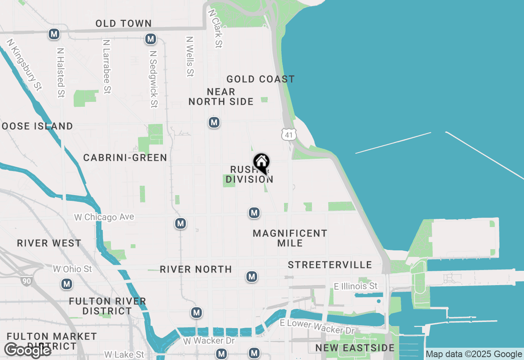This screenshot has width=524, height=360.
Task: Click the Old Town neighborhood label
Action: (x=124, y=24)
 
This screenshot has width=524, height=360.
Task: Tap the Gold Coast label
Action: (x=260, y=79)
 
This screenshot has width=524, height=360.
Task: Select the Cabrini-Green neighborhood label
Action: (x=125, y=157)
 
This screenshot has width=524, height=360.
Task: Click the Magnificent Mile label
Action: (x=290, y=238)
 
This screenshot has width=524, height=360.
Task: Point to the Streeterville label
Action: (x=330, y=265)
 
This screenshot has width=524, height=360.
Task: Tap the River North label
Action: (x=196, y=269)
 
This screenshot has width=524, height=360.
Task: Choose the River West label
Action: (x=49, y=243)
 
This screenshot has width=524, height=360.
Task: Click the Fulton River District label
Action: (x=108, y=306)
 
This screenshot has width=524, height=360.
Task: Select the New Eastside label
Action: (x=355, y=348)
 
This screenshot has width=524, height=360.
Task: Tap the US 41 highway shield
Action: (x=289, y=134)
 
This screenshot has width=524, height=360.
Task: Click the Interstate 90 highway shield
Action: (x=26, y=281)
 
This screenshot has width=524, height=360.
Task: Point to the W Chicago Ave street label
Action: (x=104, y=217)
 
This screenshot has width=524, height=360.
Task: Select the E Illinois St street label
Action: (x=356, y=286)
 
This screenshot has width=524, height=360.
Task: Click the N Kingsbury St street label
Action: (x=25, y=65)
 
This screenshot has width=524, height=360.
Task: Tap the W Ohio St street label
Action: (x=72, y=269)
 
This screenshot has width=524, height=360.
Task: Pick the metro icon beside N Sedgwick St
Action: (x=151, y=39)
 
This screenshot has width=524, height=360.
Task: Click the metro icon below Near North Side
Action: (x=214, y=122)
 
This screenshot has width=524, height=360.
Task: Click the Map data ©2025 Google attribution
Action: (x=474, y=354)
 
